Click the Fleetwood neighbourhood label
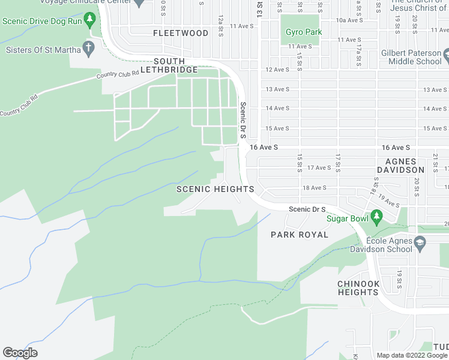(x=180, y=33)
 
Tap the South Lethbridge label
(x=176, y=65)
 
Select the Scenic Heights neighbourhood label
(x=215, y=189)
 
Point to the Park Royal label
(x=300, y=235)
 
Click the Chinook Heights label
(x=358, y=288)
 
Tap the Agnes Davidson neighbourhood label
(x=405, y=166)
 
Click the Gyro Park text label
(x=304, y=32)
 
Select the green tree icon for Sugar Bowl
(x=376, y=215)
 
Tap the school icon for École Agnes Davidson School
(x=420, y=242)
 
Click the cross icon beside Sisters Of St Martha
(x=89, y=48)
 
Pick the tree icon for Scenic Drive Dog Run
(x=89, y=20)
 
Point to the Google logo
(x=20, y=353)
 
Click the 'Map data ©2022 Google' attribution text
(x=412, y=355)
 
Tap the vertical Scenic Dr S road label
(x=243, y=120)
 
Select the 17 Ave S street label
(x=319, y=168)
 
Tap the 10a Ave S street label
(x=348, y=20)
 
